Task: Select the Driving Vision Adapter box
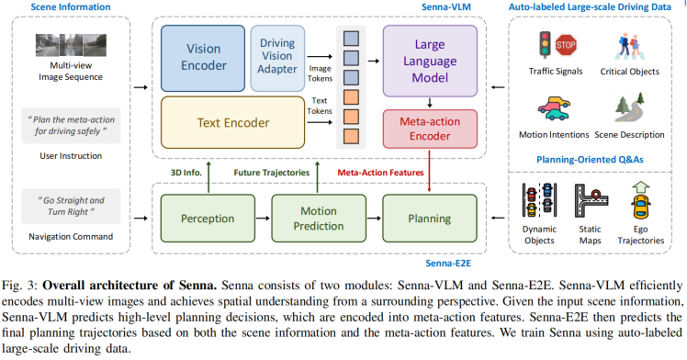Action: click(277, 57)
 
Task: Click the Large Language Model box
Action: click(430, 57)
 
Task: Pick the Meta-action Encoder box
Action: click(430, 129)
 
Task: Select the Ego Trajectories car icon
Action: click(642, 198)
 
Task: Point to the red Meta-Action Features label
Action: click(378, 172)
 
